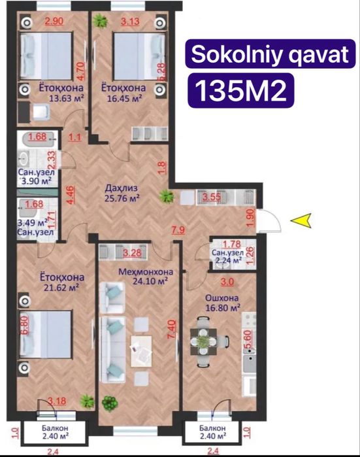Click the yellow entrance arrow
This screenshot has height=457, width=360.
point(301,222)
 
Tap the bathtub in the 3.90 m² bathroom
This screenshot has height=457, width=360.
point(39,139)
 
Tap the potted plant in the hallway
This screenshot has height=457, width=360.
point(168,194)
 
